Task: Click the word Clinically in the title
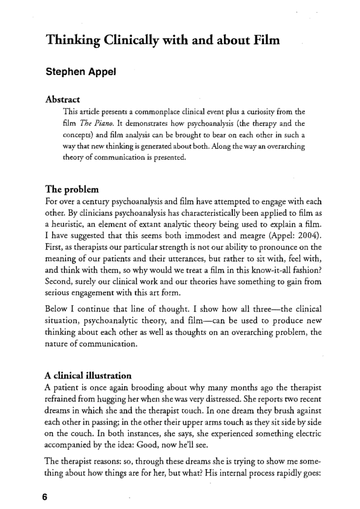click(132, 40)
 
